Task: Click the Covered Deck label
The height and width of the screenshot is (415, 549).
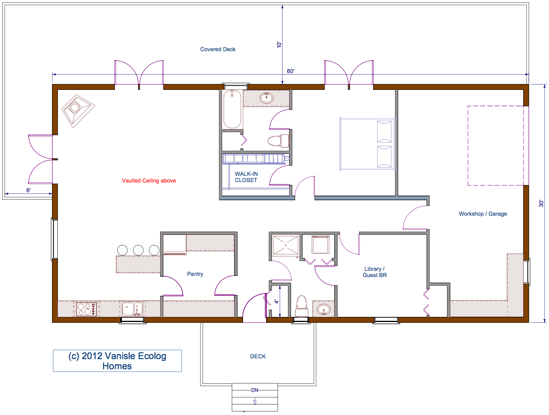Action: (x=218, y=49)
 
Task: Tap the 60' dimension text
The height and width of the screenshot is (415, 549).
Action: (x=291, y=71)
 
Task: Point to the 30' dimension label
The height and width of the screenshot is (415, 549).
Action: (x=541, y=203)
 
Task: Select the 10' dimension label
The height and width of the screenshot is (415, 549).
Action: (x=279, y=45)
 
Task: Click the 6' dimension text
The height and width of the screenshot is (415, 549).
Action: (x=29, y=190)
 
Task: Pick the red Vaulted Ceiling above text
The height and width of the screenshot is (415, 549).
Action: (x=149, y=181)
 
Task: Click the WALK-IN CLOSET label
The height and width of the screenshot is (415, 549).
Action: (x=246, y=177)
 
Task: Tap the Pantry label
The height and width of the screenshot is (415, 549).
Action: (x=195, y=274)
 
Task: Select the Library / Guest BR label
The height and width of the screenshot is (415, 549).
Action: (x=375, y=272)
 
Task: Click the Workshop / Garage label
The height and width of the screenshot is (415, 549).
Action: (x=483, y=214)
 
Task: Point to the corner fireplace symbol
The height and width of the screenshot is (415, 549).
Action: (x=78, y=111)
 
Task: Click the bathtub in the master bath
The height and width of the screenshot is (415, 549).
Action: (x=232, y=109)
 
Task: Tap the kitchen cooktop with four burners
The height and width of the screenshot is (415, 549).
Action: (x=86, y=309)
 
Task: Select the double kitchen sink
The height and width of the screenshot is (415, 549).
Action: (x=132, y=309)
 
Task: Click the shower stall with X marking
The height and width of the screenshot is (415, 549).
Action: (x=286, y=245)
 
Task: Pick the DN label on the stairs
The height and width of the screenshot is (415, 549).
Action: (x=255, y=390)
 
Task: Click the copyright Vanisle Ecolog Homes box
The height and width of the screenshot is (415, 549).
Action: (x=117, y=361)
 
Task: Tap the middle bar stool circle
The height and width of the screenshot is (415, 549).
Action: (x=138, y=250)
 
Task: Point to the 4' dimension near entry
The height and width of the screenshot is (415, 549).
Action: (x=276, y=301)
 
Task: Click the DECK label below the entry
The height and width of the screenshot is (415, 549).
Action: (x=258, y=356)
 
